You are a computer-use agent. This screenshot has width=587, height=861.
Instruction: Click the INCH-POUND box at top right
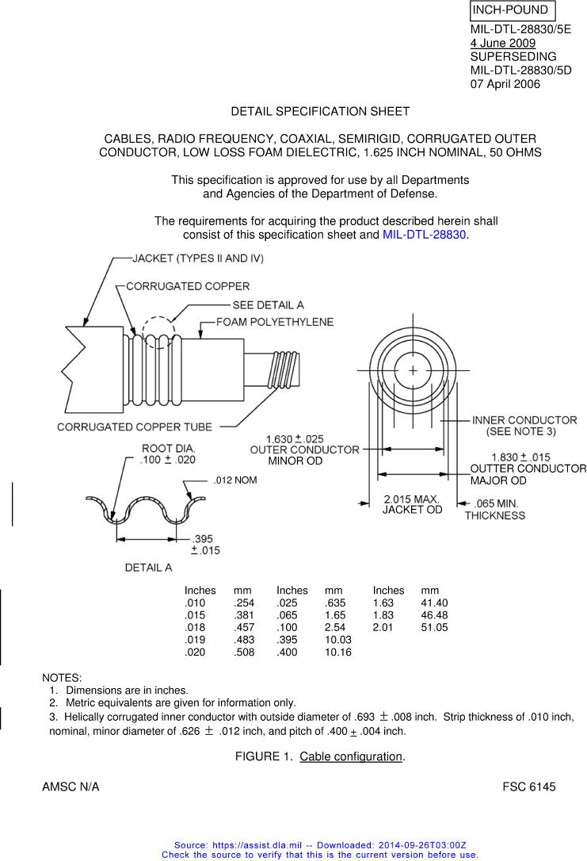click(x=512, y=10)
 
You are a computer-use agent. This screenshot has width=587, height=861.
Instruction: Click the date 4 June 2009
click(x=502, y=44)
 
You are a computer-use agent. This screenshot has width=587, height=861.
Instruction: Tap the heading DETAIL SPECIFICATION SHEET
click(x=320, y=112)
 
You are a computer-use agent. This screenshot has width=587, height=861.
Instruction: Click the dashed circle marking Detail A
click(x=158, y=331)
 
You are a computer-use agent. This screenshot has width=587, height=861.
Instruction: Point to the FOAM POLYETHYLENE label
click(x=275, y=323)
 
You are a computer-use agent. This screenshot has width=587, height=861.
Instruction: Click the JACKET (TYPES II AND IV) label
click(x=198, y=258)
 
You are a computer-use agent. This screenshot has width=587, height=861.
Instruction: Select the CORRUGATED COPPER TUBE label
click(x=135, y=427)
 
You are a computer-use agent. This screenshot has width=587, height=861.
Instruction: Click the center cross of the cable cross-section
click(x=413, y=370)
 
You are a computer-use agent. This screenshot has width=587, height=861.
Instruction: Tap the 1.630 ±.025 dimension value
click(x=295, y=439)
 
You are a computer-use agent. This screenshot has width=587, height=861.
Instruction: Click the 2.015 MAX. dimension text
click(x=412, y=499)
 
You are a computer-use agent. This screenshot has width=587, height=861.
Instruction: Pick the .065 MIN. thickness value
click(x=495, y=503)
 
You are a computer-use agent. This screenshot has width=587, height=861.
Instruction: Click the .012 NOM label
click(x=235, y=480)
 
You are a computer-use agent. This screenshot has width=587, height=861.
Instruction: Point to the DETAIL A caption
click(x=148, y=568)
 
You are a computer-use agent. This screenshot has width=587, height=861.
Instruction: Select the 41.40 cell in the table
click(x=435, y=603)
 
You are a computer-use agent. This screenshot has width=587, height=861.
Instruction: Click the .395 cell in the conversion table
click(x=288, y=640)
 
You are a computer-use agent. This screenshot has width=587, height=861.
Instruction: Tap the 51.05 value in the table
click(x=435, y=627)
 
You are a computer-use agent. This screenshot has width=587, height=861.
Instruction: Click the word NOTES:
click(x=61, y=678)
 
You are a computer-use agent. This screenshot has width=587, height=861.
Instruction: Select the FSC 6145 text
click(x=528, y=787)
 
